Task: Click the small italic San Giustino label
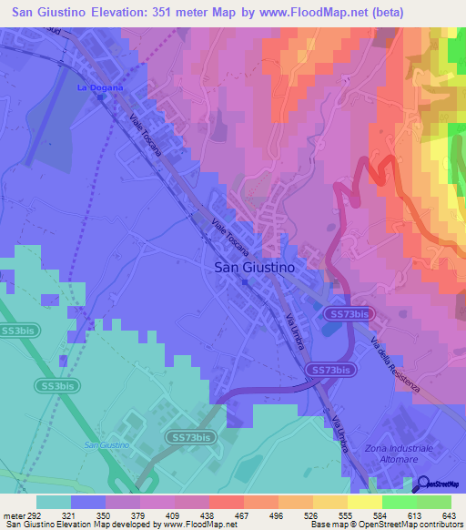(106, 444)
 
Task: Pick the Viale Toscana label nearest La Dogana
(146, 138)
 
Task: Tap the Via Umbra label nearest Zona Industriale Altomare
(339, 431)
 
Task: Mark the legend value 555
(323, 515)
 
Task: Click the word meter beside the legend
(13, 515)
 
